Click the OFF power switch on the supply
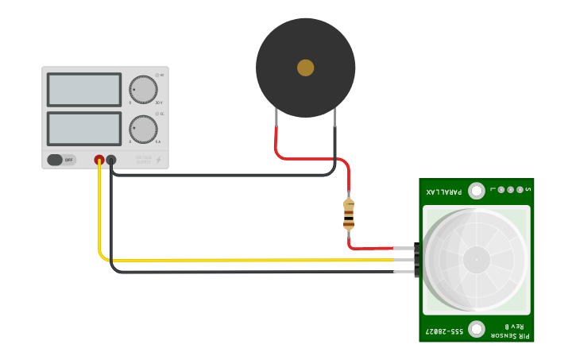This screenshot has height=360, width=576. [61, 160]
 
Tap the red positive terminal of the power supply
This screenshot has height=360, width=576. [99, 160]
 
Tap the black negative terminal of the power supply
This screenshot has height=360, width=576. [111, 160]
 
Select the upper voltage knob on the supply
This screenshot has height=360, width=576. [143, 90]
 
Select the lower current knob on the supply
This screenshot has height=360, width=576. [143, 129]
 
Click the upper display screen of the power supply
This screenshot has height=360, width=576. [84, 90]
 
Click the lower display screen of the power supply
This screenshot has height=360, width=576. [84, 129]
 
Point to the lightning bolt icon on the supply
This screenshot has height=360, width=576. [158, 160]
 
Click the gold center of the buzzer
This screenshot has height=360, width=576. [306, 68]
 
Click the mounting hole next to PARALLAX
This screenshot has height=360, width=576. [477, 191]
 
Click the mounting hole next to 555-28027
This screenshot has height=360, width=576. [477, 329]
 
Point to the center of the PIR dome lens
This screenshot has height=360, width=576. [477, 259]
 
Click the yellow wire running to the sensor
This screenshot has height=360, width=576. [254, 260]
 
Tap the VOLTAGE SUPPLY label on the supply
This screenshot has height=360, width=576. [143, 160]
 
